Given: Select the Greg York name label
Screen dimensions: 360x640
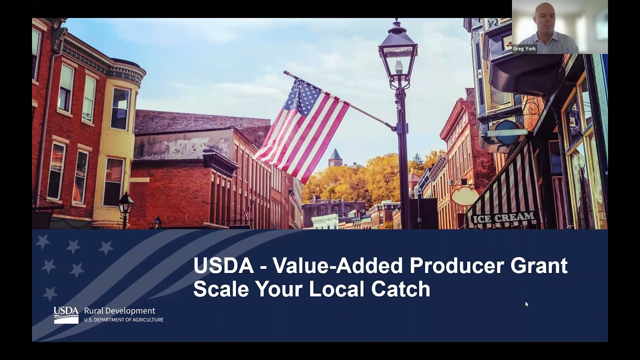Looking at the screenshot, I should point(524,49).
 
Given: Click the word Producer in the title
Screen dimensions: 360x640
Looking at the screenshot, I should point(456,265).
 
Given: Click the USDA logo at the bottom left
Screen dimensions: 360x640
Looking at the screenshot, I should point(66,315).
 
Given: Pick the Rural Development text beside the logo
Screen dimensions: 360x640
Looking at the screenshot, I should point(119,310).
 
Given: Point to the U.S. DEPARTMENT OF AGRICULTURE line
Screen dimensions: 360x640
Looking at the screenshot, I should point(123,320).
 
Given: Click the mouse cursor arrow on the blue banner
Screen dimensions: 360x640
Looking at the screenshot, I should point(526,304).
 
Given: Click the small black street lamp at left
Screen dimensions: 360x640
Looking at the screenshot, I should point(125,205).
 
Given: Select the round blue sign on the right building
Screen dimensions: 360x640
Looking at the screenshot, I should point(507,132).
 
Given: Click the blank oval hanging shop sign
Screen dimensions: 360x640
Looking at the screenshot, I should point(465,196).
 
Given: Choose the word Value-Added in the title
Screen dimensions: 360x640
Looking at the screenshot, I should point(338,265).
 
